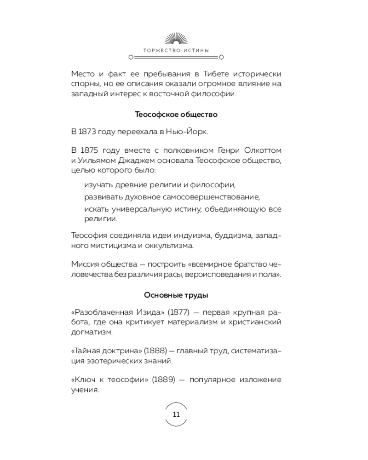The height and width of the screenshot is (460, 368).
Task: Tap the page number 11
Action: click(176, 414)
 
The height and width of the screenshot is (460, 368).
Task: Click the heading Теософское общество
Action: click(176, 114)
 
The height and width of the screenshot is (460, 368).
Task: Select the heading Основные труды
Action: click(176, 295)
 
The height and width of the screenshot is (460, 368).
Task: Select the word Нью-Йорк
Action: click(190, 132)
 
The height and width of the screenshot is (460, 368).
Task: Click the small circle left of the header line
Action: click(131, 58)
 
